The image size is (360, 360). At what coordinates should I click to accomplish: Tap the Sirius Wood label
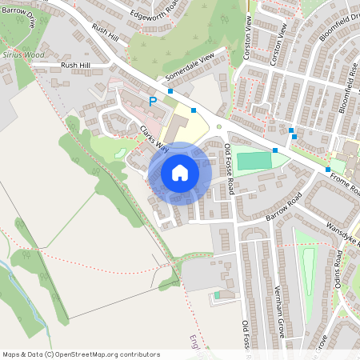click(23, 55)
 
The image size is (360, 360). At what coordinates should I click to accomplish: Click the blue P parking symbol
click(152, 102)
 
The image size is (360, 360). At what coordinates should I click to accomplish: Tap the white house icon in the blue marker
click(180, 172)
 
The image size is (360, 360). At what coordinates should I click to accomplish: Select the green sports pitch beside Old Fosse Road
click(254, 161)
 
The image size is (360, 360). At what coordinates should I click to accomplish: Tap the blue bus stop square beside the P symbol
click(170, 92)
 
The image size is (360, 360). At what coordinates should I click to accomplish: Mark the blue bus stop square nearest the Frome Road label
click(328, 170)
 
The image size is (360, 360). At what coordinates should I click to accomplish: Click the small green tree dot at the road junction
click(218, 126)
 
